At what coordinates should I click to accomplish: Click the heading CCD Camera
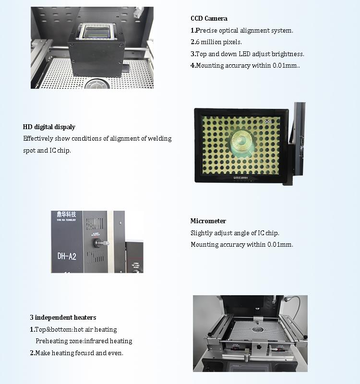(209, 19)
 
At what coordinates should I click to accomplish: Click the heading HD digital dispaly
(49, 127)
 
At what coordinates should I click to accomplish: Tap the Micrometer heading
(208, 221)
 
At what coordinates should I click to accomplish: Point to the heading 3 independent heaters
(63, 318)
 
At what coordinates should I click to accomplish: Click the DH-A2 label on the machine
(67, 256)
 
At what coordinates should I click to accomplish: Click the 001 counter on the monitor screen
(268, 122)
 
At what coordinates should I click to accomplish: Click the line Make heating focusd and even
(77, 353)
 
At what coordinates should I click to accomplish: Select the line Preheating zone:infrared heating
(84, 341)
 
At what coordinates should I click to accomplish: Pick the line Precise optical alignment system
(242, 31)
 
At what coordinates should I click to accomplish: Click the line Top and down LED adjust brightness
(248, 54)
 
